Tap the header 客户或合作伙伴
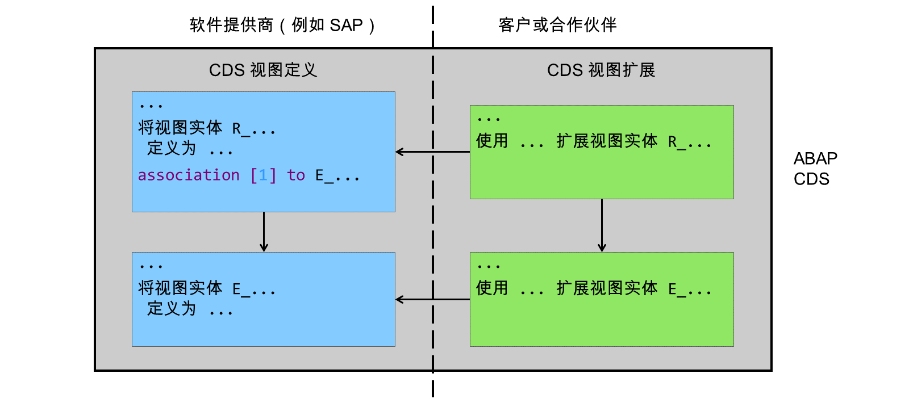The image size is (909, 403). coord(557,25)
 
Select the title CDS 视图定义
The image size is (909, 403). coord(262,70)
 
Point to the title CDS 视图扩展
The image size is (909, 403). coord(601,70)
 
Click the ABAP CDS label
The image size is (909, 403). coord(815,169)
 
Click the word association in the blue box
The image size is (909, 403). coord(189,175)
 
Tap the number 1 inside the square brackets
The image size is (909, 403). coord(263,175)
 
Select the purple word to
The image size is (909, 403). coord(296,175)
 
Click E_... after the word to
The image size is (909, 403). coord(337,175)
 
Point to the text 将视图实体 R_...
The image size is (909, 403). coord(194,128)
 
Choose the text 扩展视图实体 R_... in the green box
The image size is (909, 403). coord(634,141)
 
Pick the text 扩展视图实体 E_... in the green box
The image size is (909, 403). coord(634,289)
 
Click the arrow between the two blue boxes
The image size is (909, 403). coord(264,232)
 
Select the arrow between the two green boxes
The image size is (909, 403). coord(602,225)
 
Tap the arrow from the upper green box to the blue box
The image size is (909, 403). coord(432,152)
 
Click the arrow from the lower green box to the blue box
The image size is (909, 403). coord(432,300)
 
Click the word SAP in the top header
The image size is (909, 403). coord(346,26)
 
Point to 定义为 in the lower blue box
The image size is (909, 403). coord(171,309)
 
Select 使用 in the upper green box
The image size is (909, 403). coord(492,141)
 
